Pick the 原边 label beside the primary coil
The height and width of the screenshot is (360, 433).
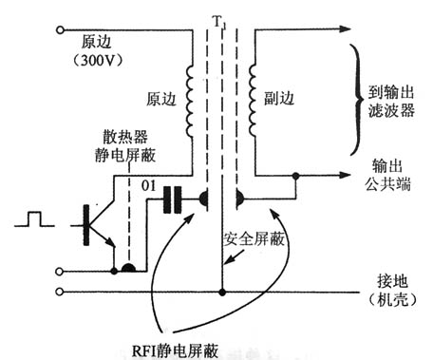click(x=156, y=98)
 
